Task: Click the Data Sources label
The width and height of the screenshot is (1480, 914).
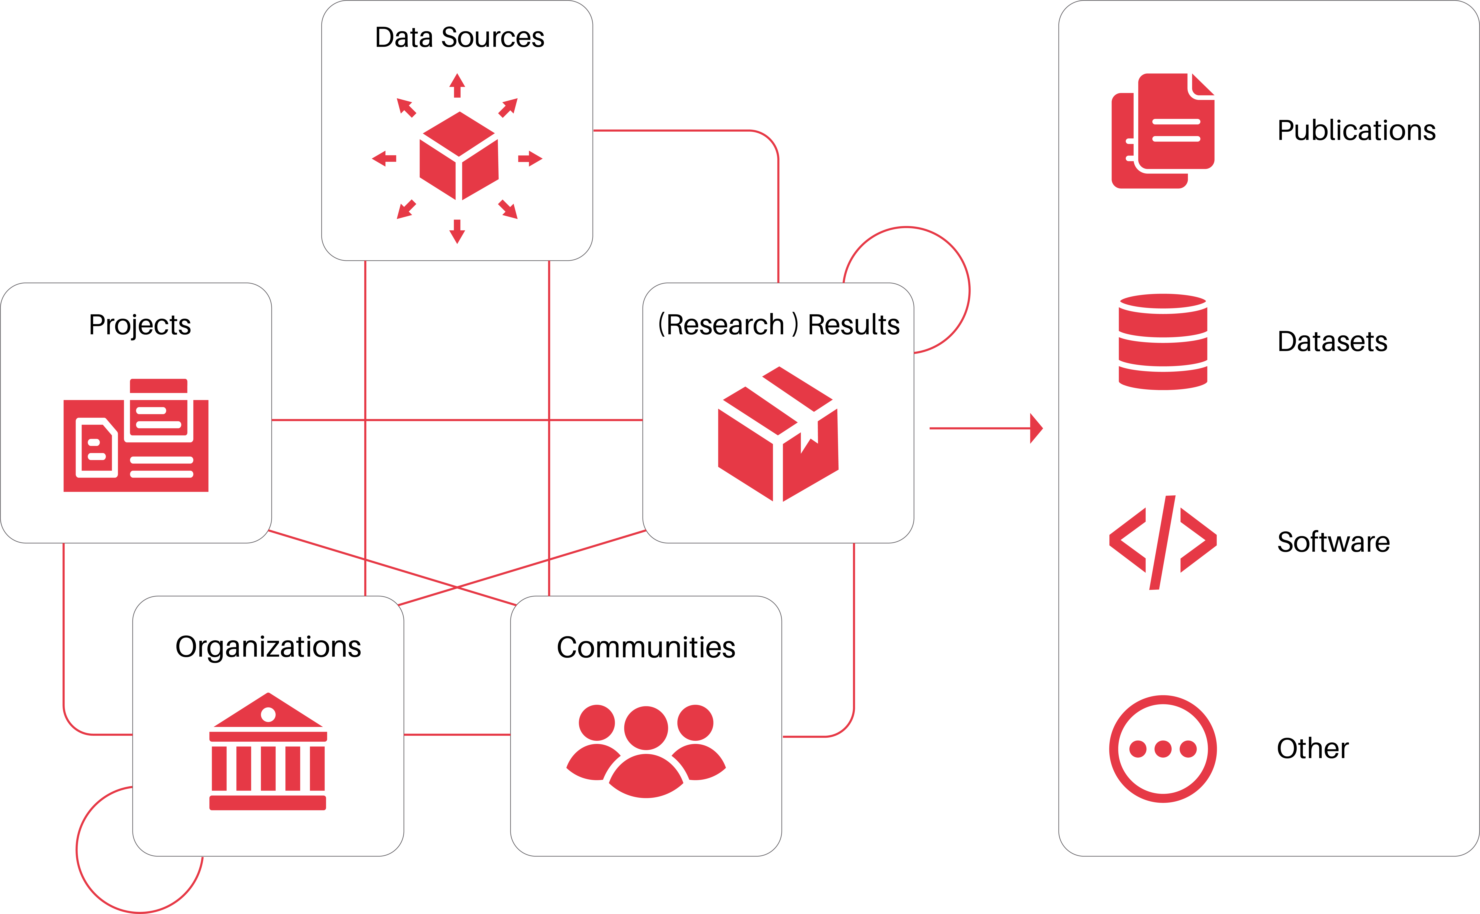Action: (459, 37)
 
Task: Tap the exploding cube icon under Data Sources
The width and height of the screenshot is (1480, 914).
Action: (457, 158)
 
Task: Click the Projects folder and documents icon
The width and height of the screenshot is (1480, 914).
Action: (136, 435)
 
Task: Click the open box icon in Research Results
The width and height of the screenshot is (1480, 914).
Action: (778, 434)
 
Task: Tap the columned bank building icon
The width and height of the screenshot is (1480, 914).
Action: (268, 751)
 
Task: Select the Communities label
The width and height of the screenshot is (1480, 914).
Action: (646, 647)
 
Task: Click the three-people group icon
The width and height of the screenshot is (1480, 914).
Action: (646, 751)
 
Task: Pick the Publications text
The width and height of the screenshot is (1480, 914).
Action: (1356, 131)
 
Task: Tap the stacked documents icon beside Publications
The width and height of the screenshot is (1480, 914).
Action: (1163, 131)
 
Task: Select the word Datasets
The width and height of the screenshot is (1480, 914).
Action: (1332, 341)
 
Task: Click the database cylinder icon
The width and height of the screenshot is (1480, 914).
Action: (1163, 342)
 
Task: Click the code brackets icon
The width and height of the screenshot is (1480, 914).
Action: (1163, 542)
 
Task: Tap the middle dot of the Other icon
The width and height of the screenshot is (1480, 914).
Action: (1163, 749)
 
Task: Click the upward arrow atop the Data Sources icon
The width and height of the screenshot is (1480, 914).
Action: (457, 85)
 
